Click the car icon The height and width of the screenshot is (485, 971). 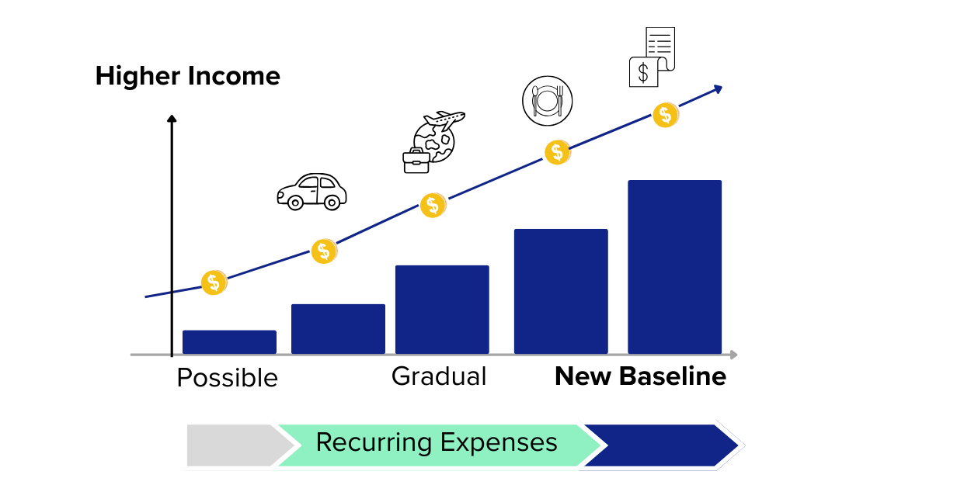point(311,191)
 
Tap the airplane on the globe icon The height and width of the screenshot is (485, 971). point(444,120)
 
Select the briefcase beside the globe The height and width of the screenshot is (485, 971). point(416,159)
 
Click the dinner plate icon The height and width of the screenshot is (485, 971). point(547,101)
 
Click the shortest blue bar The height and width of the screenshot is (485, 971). point(229,342)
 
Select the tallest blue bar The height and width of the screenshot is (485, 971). point(674,267)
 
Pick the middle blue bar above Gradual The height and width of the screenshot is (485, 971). point(442,310)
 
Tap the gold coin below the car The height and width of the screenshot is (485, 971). point(324,251)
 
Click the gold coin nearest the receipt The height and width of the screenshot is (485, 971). point(665,116)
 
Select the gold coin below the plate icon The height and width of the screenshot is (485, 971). point(557,152)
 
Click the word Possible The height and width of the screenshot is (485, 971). point(227,378)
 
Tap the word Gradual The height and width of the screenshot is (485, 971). point(439,376)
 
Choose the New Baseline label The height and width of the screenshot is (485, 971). point(640,376)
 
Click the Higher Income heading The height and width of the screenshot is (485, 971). point(187,76)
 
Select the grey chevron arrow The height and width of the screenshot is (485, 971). point(233,445)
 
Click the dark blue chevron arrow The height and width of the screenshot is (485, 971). point(660,445)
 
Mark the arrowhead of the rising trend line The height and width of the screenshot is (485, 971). point(719,89)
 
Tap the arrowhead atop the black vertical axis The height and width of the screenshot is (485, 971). point(172,118)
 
